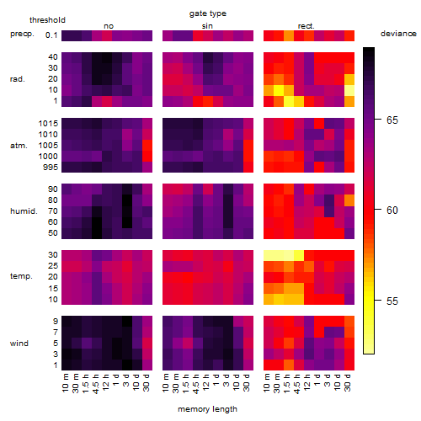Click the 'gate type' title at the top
coord(208,13)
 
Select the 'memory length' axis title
coord(207,409)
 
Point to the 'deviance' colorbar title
coord(398,34)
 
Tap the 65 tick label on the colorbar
coord(392,120)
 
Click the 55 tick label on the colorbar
coord(392,301)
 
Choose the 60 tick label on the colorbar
coord(392,210)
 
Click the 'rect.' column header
coord(306,26)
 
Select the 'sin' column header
coord(207,26)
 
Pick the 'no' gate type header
coord(109,26)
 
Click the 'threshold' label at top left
coord(47,20)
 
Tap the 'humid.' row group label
coord(24,211)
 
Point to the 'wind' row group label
coord(19,344)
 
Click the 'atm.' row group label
coord(19,146)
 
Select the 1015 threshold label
coord(48,124)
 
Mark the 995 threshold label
coord(51,168)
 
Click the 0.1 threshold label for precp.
coord(51,35)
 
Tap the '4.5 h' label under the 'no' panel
coord(95,384)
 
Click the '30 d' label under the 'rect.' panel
coord(348,382)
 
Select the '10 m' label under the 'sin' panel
coord(166,383)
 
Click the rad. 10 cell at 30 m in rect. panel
coord(279,90)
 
